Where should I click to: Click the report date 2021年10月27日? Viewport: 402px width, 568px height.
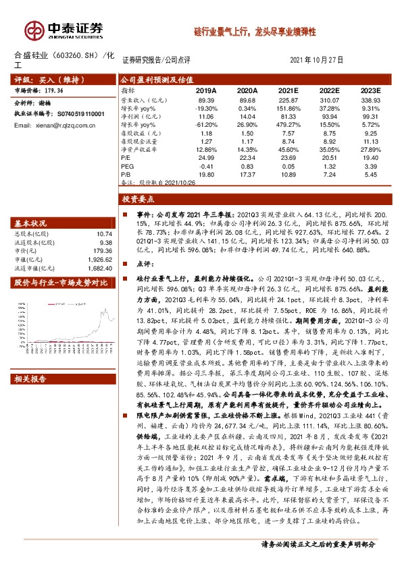point(316,60)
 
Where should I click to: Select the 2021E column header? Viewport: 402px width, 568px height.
point(287,90)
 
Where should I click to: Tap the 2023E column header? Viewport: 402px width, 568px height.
point(370,90)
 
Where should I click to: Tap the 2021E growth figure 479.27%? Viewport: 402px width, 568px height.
point(288,125)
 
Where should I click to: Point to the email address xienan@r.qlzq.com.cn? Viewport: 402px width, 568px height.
point(57,125)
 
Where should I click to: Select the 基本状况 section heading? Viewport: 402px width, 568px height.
point(31,223)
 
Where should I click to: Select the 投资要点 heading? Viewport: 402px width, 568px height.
point(139,200)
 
